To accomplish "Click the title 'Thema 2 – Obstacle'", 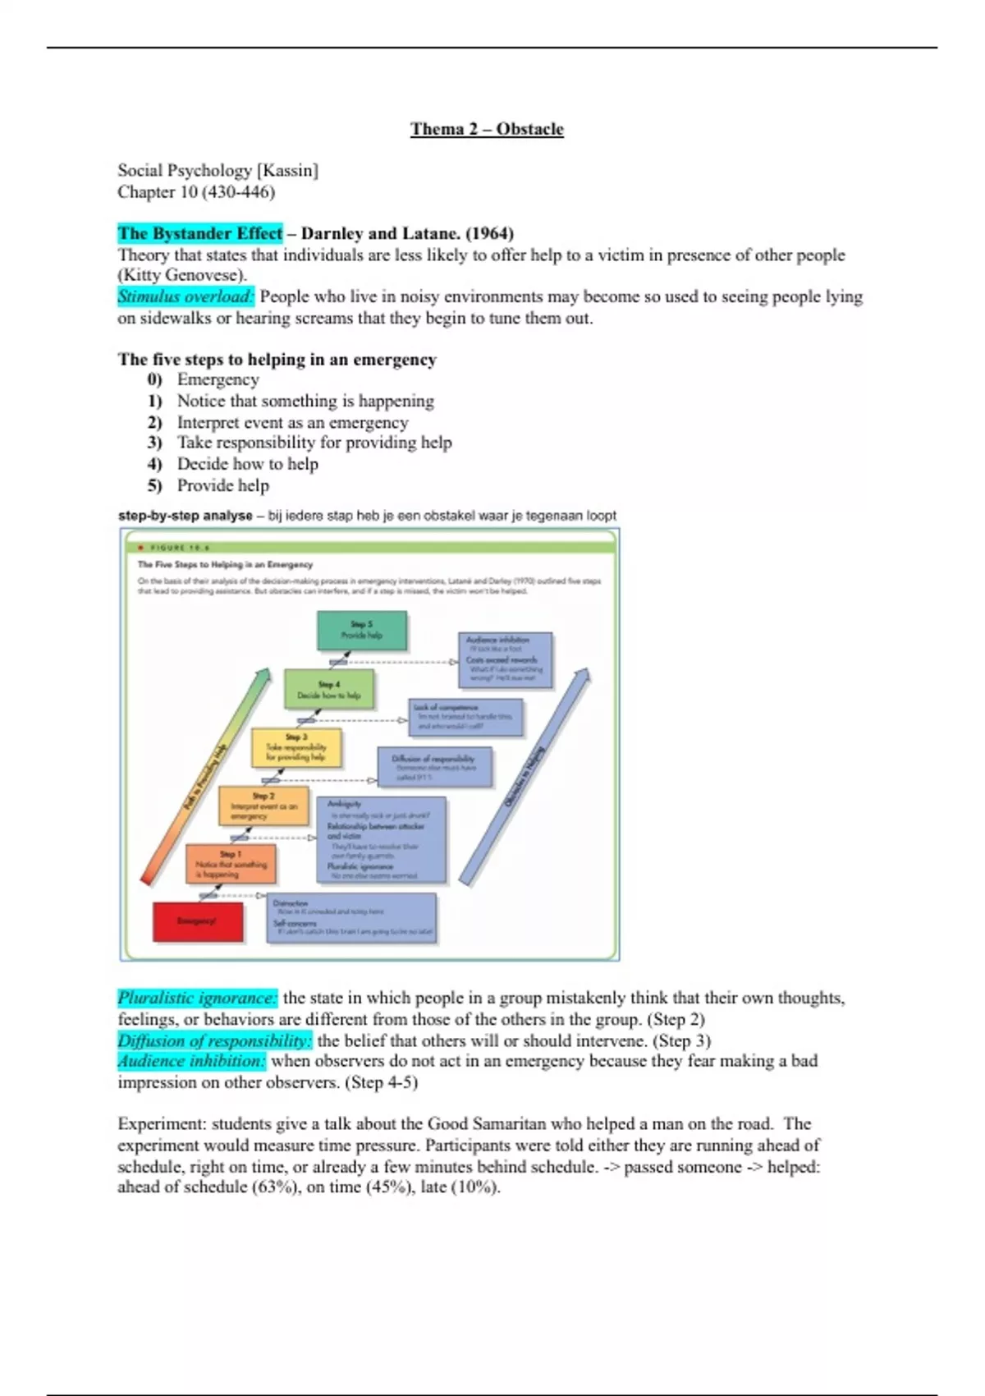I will pos(487,129).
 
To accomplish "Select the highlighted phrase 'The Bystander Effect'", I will pos(199,233).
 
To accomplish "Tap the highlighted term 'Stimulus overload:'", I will pos(186,296).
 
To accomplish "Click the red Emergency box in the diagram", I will pos(198,921).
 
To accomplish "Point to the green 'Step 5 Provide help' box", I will pos(362,631).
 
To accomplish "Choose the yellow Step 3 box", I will pos(295,748).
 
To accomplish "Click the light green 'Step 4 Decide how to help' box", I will pos(329,689).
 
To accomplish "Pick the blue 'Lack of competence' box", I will pos(465,717).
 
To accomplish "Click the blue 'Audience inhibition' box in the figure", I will pos(505,659).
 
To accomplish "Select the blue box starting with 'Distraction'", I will pos(351,918).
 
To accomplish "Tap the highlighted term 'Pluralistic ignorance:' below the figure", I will pos(197,999).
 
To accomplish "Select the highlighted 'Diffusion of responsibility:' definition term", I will pos(214,1041).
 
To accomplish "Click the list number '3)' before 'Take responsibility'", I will pos(155,443).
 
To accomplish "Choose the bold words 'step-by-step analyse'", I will pos(185,516).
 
